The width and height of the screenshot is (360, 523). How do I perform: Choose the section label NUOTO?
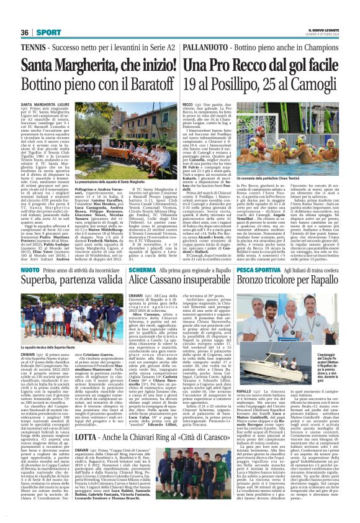(x=30, y=253)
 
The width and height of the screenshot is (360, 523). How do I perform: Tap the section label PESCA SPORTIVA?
(x=260, y=253)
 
